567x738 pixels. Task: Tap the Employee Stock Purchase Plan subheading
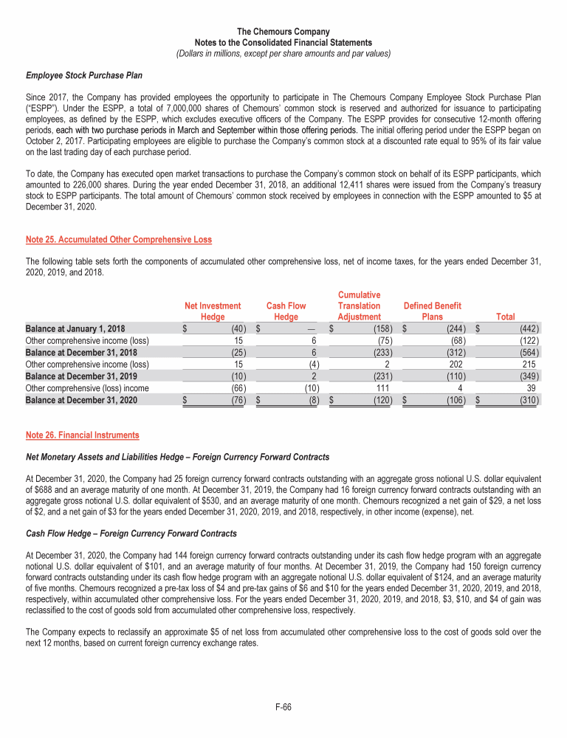tap(84, 75)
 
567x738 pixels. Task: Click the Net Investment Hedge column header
tap(213, 311)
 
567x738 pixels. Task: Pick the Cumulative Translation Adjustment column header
tap(359, 306)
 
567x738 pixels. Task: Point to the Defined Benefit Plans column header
tap(432, 311)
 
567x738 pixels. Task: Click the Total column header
tap(506, 317)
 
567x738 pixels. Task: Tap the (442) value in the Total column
tap(529, 328)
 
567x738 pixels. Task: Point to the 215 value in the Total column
tap(530, 365)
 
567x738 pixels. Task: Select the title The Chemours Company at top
tap(283, 32)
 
